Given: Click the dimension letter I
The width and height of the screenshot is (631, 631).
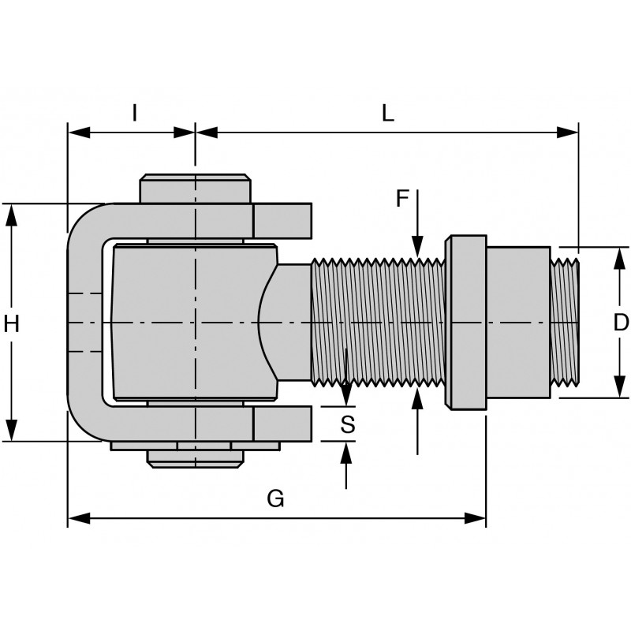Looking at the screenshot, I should (x=134, y=114).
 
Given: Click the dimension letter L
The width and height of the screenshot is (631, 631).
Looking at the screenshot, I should (x=387, y=114).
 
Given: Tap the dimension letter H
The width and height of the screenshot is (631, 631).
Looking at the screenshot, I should (x=11, y=323).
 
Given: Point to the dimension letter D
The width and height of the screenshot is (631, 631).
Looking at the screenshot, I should (x=621, y=323).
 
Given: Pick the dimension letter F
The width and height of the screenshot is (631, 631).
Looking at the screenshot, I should (x=402, y=199).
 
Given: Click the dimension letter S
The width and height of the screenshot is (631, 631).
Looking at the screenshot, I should (x=347, y=424).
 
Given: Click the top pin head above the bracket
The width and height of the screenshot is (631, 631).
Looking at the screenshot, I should (x=196, y=189).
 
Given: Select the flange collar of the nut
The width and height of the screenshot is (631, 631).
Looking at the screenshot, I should (x=466, y=322).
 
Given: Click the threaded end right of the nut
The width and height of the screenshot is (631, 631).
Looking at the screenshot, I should (x=565, y=322).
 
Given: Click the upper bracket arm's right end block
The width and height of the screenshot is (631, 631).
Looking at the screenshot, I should (x=282, y=220).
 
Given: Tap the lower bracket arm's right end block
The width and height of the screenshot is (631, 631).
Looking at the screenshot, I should (x=282, y=424).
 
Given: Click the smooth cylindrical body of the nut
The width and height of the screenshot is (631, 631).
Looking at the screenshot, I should (x=517, y=322).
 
